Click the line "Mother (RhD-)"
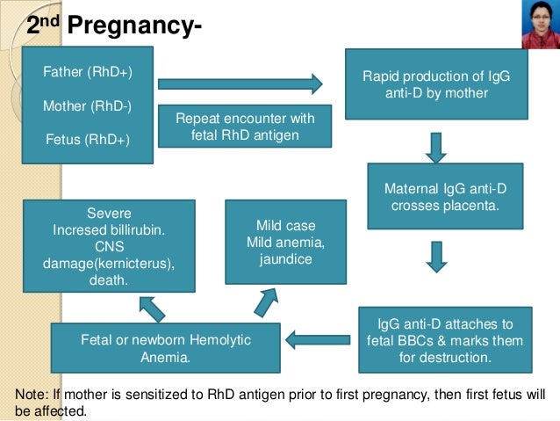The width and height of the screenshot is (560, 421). point(88,106)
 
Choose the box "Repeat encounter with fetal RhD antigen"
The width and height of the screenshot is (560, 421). point(245,127)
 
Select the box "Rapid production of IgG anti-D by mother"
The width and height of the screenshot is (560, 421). point(436,83)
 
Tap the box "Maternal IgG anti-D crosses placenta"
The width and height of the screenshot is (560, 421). point(446,196)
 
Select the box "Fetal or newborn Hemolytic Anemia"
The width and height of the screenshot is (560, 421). point(166,348)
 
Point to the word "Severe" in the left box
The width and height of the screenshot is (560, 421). point(110,214)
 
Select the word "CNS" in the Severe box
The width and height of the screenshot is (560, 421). point(110,247)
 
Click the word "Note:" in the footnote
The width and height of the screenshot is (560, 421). point(33,394)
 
